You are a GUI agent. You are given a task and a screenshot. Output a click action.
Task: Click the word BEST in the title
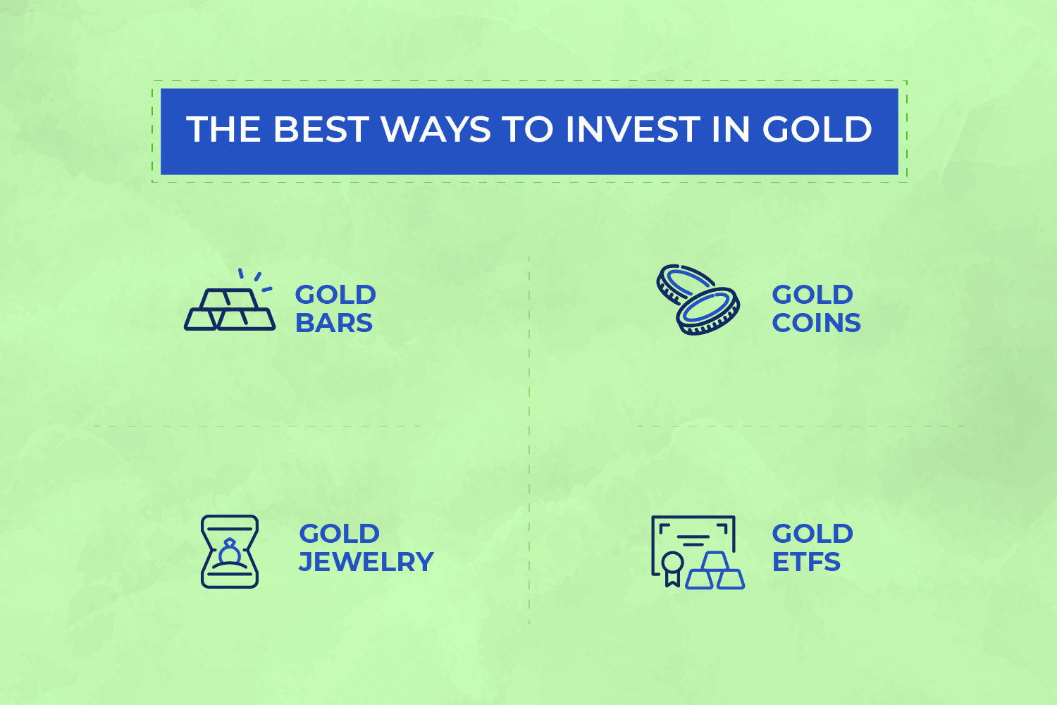point(320,130)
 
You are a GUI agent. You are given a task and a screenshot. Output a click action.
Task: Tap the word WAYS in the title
point(435,130)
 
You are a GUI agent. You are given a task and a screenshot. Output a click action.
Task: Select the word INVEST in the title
point(631,130)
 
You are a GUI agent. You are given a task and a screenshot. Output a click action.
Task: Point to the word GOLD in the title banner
point(817,130)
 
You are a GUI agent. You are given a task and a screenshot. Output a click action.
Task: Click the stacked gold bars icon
point(230,308)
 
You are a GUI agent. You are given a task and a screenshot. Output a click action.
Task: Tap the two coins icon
point(698,300)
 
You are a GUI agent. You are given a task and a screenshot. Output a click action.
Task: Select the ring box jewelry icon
point(230,551)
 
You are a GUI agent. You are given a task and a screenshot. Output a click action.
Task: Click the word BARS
point(334,323)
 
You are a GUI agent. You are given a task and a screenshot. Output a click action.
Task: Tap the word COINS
point(816,323)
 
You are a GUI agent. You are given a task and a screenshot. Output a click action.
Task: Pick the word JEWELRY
point(366,562)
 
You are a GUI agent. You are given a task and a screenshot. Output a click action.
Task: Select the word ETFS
point(806,562)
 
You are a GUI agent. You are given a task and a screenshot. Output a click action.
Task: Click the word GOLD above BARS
point(335,295)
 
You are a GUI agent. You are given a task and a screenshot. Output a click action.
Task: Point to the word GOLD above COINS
point(812,295)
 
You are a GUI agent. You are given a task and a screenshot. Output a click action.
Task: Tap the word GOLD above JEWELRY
point(340,534)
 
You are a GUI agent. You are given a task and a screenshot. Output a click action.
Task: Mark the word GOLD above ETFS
point(812,534)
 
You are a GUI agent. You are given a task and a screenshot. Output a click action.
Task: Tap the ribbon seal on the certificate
point(672,567)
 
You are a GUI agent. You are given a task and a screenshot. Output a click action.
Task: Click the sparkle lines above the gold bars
point(255,278)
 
